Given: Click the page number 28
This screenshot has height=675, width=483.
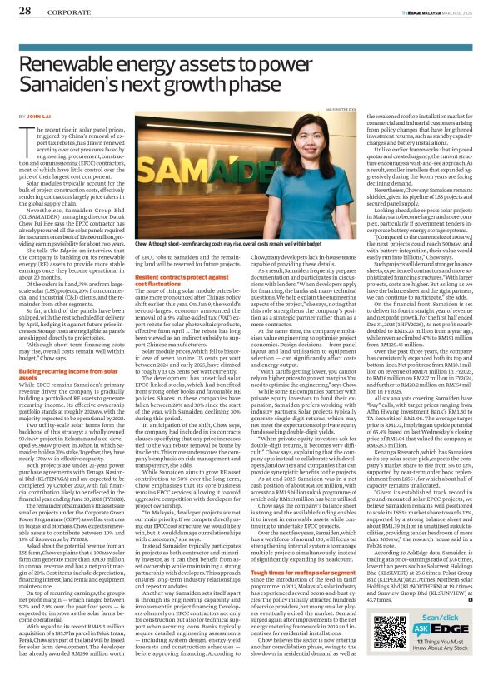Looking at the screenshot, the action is click(26, 12).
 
